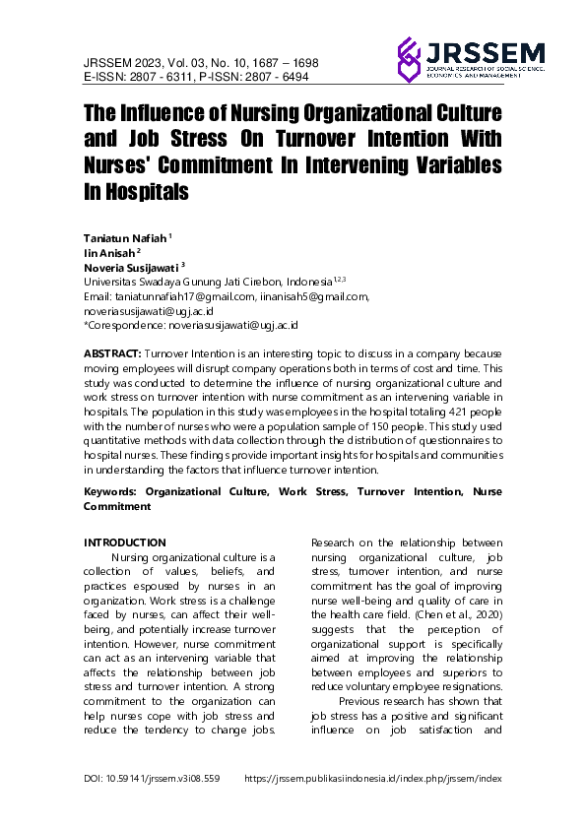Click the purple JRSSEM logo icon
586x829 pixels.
(409, 59)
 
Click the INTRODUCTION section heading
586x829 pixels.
(124, 542)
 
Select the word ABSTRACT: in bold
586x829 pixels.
(112, 352)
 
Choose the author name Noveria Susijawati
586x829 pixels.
(135, 266)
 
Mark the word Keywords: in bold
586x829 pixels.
(111, 489)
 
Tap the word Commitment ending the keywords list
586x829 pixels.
(117, 506)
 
